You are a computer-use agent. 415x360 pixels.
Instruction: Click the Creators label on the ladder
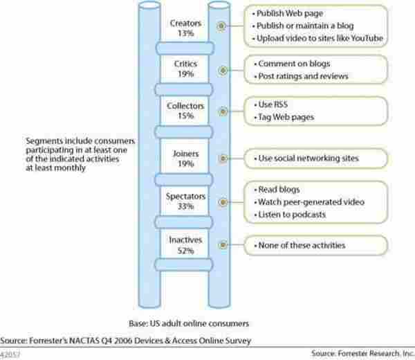pos(185,23)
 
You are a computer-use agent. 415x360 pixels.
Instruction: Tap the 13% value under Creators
pos(185,33)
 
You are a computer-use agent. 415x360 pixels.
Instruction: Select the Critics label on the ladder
pos(185,63)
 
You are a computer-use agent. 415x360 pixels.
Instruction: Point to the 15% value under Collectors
pos(185,116)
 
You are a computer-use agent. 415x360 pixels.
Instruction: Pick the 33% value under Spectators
pos(185,206)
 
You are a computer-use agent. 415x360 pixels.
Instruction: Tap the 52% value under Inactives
pos(185,249)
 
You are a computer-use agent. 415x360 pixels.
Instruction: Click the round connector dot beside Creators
pos(220,27)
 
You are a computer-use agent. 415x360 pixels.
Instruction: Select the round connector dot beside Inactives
pos(220,244)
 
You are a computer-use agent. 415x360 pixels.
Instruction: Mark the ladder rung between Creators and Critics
pos(185,48)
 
